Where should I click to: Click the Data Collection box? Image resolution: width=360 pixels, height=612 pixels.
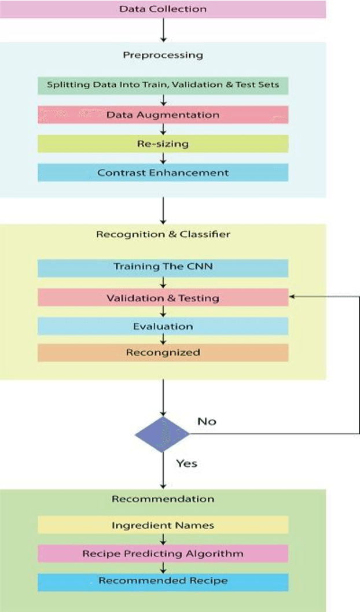coord(163,9)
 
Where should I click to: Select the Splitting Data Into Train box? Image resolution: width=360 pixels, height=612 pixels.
coord(163,85)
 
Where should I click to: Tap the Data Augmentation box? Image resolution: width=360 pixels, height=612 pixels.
coord(163,115)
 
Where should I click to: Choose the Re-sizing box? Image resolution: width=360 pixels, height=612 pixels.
coord(163,143)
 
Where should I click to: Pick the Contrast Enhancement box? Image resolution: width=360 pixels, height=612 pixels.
coord(163,172)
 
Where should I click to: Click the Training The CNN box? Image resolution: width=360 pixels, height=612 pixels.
coord(163,267)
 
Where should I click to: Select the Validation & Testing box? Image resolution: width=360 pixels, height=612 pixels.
coord(163,298)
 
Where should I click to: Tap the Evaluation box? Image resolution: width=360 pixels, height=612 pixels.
coord(163,326)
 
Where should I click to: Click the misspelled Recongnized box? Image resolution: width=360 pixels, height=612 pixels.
coord(163,352)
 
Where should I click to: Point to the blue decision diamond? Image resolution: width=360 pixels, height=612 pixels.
coord(162,434)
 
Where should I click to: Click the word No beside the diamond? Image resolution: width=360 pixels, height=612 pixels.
coord(207,421)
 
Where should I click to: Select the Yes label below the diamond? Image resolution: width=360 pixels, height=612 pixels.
coord(187,463)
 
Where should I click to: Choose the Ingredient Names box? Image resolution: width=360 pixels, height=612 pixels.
coord(163,525)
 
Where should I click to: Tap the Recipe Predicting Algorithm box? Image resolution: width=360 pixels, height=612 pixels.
coord(163,554)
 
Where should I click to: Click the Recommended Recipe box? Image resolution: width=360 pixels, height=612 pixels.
coord(163,581)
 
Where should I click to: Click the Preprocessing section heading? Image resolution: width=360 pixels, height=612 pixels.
coord(163,56)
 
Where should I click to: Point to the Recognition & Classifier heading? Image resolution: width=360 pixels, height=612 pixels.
coord(163,234)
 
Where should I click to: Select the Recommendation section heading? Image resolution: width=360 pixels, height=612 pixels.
coord(163,499)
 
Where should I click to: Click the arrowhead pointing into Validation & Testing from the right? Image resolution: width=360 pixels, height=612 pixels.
coord(292,296)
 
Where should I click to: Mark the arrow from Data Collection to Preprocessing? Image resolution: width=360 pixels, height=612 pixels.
coord(163,30)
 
